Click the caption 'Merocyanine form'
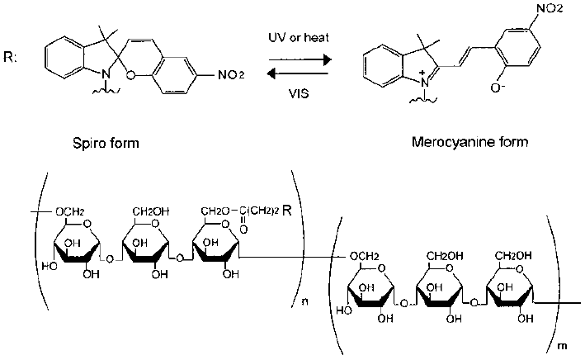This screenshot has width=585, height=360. [469, 143]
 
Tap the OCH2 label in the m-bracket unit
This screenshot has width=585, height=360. [367, 255]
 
